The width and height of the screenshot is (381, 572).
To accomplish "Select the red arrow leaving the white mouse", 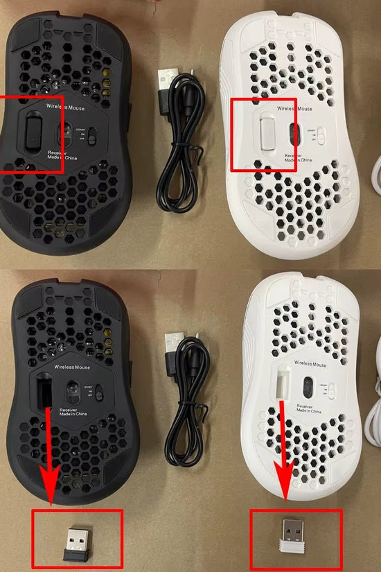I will click(x=283, y=451).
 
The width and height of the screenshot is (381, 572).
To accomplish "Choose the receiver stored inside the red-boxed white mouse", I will click(x=267, y=132).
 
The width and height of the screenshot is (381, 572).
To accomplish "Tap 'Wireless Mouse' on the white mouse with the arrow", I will click(x=310, y=363).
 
